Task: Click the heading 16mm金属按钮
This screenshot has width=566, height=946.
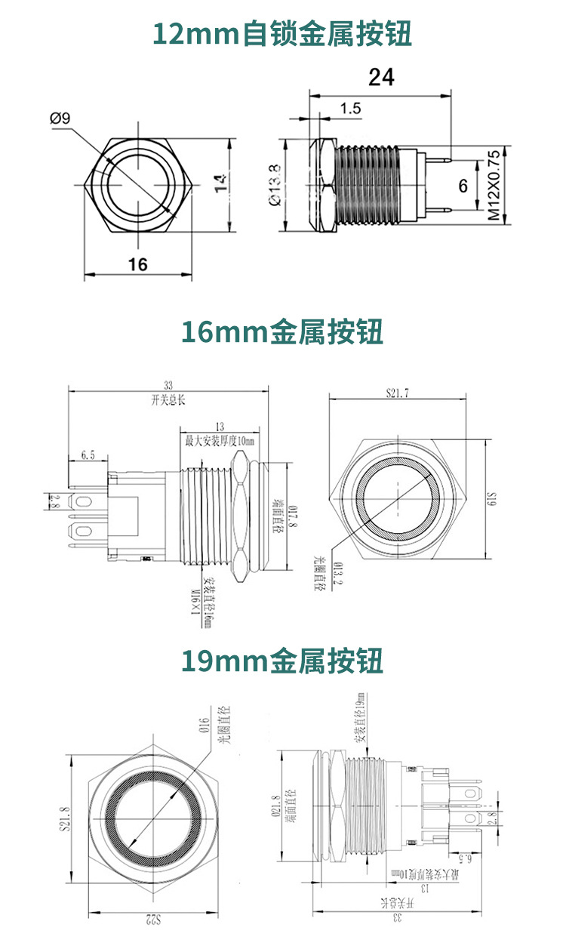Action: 283,332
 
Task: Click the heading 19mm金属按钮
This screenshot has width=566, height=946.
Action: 283,661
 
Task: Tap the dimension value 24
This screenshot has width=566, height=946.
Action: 381,77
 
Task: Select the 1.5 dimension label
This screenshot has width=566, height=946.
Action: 350,109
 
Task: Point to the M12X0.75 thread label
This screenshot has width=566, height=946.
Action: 494,185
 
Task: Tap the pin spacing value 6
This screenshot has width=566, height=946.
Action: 463,186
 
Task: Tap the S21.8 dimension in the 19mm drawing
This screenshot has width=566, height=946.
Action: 65,818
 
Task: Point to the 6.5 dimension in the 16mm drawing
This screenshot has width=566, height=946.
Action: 87,455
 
